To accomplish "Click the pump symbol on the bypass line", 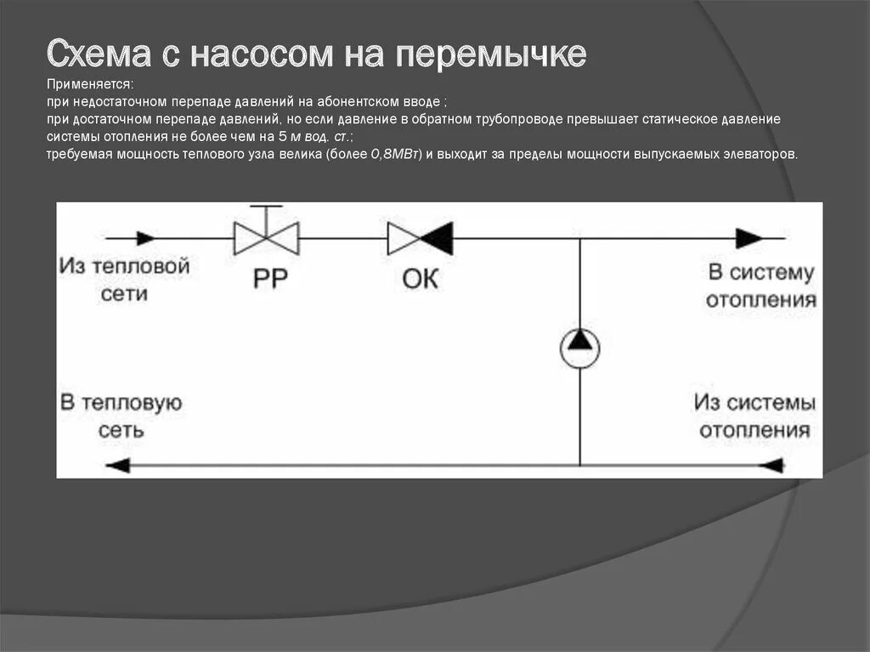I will pos(579,347).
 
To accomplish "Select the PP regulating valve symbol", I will pos(266,238).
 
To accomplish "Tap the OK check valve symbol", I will pos(420,238).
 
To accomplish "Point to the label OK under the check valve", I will pos(420,279).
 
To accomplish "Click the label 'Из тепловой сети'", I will pos(124,280).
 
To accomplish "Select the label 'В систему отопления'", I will pos(761,286).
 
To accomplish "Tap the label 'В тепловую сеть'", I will pos(121,416).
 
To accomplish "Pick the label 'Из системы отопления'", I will pos(754,416).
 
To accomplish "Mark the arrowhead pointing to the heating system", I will pos(749,238).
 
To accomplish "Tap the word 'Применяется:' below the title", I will pos(91,85).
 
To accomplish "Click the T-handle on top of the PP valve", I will pos(266,207).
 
